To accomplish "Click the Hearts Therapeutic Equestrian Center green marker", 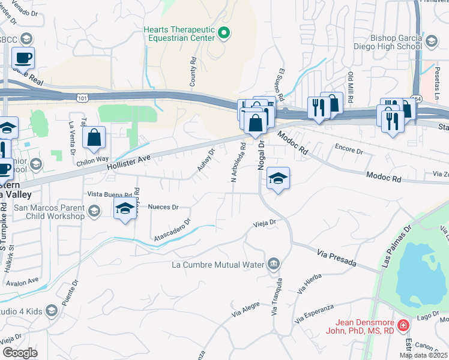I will click(224, 33).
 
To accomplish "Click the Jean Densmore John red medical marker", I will click(404, 326).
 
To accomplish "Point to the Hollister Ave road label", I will click(129, 160).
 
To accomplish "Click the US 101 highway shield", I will click(82, 95).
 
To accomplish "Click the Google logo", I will click(20, 352).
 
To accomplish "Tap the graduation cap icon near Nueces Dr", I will click(125, 209).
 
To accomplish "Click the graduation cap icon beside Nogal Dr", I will click(278, 178).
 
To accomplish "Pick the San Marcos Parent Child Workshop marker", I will click(94, 211).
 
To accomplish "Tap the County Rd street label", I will click(193, 72).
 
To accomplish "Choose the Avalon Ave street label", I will click(23, 280).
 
